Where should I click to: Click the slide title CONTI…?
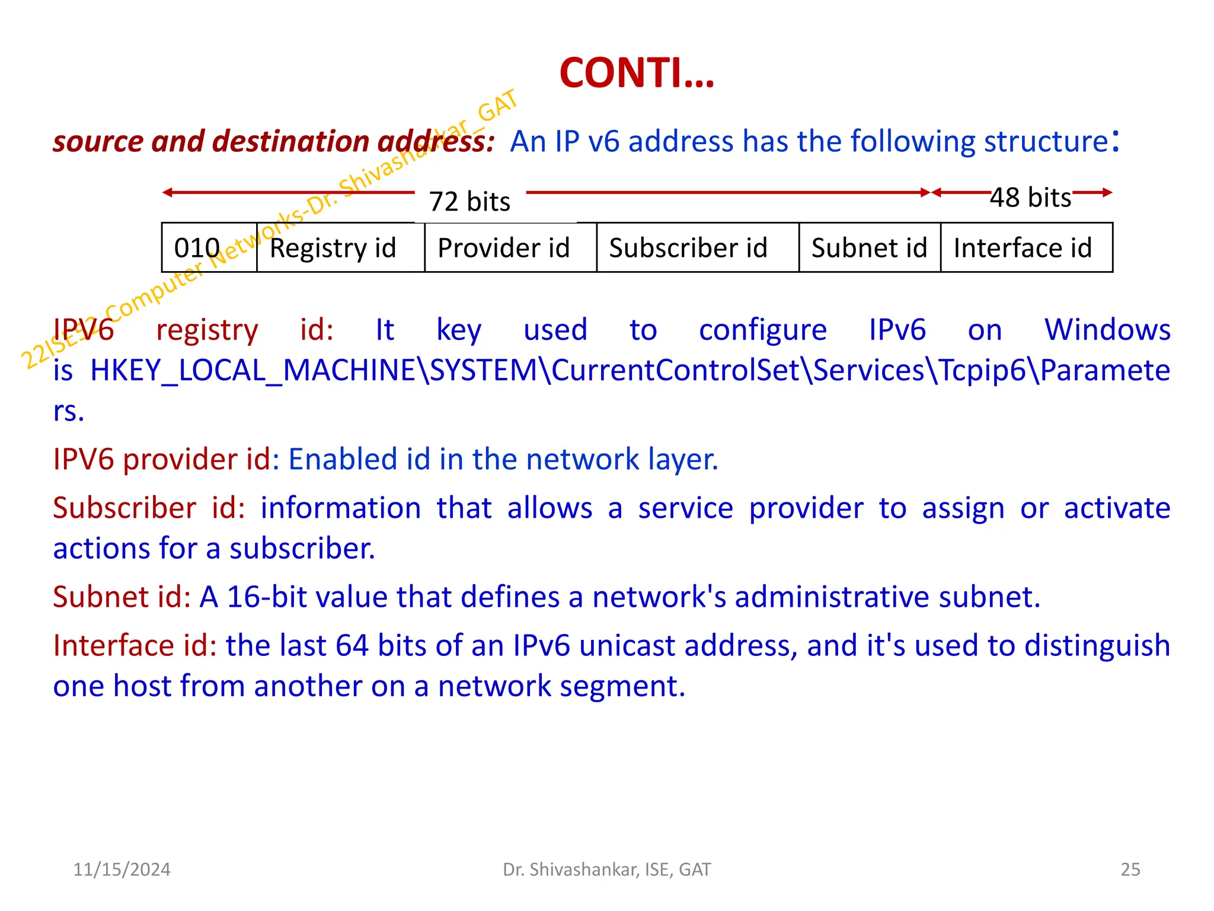coord(637,74)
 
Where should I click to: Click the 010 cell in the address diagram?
coord(197,248)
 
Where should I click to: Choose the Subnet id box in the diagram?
coord(869,248)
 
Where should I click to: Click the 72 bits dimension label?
coord(469,202)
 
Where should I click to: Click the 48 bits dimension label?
coord(1031,198)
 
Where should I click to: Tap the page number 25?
coord(1130,869)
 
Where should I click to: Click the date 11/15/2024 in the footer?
coord(122,869)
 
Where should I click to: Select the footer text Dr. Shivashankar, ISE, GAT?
coord(606,869)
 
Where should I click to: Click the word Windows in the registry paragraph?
coord(1107,330)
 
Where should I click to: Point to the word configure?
coord(763,331)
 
